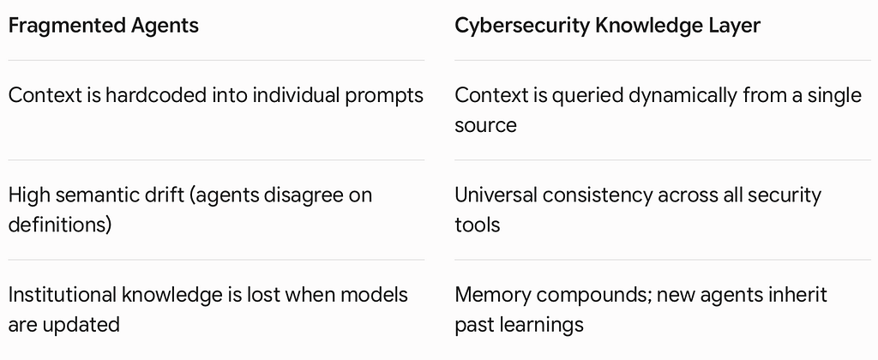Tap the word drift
(x=160, y=195)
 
